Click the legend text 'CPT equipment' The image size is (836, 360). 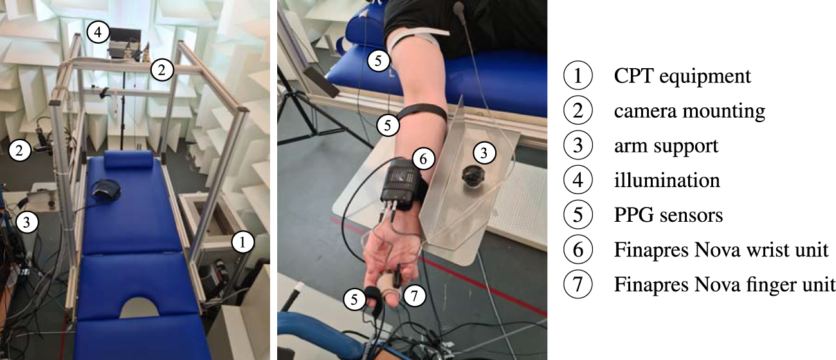[x=682, y=76]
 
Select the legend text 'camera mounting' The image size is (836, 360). [x=689, y=111]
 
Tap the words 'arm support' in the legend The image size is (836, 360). [x=666, y=146]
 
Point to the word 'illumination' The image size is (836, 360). [x=667, y=180]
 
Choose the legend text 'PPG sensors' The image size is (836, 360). [x=668, y=215]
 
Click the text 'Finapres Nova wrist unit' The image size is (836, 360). [x=721, y=249]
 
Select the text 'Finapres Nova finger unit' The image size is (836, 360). [x=725, y=285]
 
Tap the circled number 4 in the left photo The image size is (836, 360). [x=98, y=32]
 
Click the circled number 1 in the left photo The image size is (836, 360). [x=242, y=242]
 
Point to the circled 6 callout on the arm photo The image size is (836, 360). [x=424, y=159]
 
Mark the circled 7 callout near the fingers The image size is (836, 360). [x=414, y=296]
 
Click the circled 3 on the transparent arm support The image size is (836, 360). [x=484, y=152]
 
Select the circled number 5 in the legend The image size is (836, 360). [x=577, y=215]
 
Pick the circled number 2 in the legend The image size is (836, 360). [x=577, y=111]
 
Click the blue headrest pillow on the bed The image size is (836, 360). [x=129, y=159]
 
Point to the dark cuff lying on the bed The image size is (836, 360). [x=106, y=191]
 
